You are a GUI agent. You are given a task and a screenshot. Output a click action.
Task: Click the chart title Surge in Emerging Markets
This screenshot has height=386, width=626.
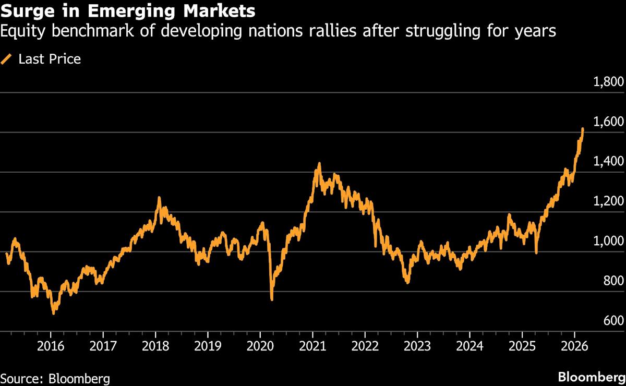pos(128,10)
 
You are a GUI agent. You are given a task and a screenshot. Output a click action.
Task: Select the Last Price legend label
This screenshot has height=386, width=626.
pos(50,59)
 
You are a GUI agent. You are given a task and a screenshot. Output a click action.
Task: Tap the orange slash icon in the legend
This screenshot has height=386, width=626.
pos(7,59)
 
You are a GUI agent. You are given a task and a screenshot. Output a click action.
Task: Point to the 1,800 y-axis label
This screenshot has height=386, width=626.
pos(609,82)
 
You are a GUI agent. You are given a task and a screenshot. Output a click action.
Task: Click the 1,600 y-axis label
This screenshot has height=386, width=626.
pos(609,122)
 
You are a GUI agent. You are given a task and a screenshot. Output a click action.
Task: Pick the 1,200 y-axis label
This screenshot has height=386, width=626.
pos(609,202)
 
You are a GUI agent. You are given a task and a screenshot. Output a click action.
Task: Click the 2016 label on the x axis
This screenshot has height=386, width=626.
pos(51,347)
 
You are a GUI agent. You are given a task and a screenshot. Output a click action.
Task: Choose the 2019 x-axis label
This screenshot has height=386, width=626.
pos(208,347)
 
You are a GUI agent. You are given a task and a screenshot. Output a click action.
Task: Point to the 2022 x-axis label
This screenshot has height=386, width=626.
pos(365,347)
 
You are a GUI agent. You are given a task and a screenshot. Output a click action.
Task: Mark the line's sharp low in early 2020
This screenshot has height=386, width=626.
pos(272,299)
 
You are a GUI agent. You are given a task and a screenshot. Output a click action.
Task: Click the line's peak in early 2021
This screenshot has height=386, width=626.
pos(319,164)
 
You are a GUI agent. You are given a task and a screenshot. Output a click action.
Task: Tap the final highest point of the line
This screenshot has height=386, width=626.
pos(582,128)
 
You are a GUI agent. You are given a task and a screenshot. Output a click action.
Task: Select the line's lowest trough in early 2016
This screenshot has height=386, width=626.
pos(53,313)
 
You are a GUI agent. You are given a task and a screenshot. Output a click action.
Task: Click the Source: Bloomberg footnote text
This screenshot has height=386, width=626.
pos(55,378)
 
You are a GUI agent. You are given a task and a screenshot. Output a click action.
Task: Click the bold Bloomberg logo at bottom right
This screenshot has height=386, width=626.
pos(591,377)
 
